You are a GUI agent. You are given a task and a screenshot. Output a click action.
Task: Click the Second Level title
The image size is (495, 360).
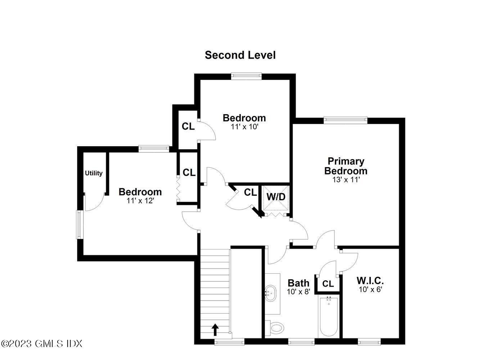click(240, 55)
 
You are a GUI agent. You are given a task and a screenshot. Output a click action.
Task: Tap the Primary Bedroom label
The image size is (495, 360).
click(346, 166)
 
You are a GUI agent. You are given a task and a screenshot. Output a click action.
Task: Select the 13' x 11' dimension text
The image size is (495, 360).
click(346, 180)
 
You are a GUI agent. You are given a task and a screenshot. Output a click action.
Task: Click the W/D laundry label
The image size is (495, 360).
click(276, 197)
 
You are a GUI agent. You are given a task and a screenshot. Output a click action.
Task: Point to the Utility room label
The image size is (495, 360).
click(94, 173)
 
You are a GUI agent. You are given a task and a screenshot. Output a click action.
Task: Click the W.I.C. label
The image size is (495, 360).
click(370, 280)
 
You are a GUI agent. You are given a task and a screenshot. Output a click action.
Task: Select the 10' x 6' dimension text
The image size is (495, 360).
click(370, 289)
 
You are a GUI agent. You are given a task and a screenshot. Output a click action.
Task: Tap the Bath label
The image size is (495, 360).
click(298, 283)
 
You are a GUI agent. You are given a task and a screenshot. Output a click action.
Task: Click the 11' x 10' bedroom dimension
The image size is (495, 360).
click(244, 127)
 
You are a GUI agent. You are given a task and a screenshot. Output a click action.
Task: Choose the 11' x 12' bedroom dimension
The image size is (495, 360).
click(140, 201)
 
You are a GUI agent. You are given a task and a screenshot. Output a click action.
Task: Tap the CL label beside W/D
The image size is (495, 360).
click(251, 193)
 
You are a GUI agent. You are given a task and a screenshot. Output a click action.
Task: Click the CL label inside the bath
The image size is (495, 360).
click(328, 284)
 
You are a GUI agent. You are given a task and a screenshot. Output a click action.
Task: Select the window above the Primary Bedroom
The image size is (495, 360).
click(345, 120)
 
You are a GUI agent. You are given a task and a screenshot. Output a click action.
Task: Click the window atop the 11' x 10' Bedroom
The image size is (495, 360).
click(246, 76)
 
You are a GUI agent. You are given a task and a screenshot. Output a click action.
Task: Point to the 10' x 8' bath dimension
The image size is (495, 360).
click(298, 292)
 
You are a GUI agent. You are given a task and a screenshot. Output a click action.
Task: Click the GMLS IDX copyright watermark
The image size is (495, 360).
click(42, 343)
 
